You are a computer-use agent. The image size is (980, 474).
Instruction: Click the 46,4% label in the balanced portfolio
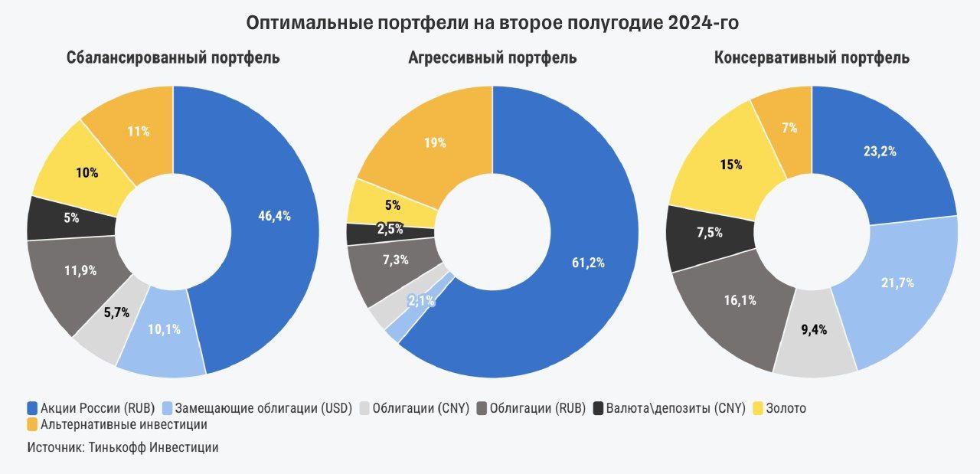pyautogui.click(x=274, y=216)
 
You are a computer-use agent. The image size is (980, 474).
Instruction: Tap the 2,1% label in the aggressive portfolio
pyautogui.click(x=421, y=301)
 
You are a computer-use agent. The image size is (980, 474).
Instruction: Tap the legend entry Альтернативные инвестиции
pyautogui.click(x=123, y=423)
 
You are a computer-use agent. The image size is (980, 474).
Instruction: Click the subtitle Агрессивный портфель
pyautogui.click(x=492, y=57)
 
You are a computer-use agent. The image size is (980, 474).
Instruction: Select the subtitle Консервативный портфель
pyautogui.click(x=812, y=57)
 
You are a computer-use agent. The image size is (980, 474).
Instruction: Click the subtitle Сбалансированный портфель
pyautogui.click(x=173, y=57)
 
